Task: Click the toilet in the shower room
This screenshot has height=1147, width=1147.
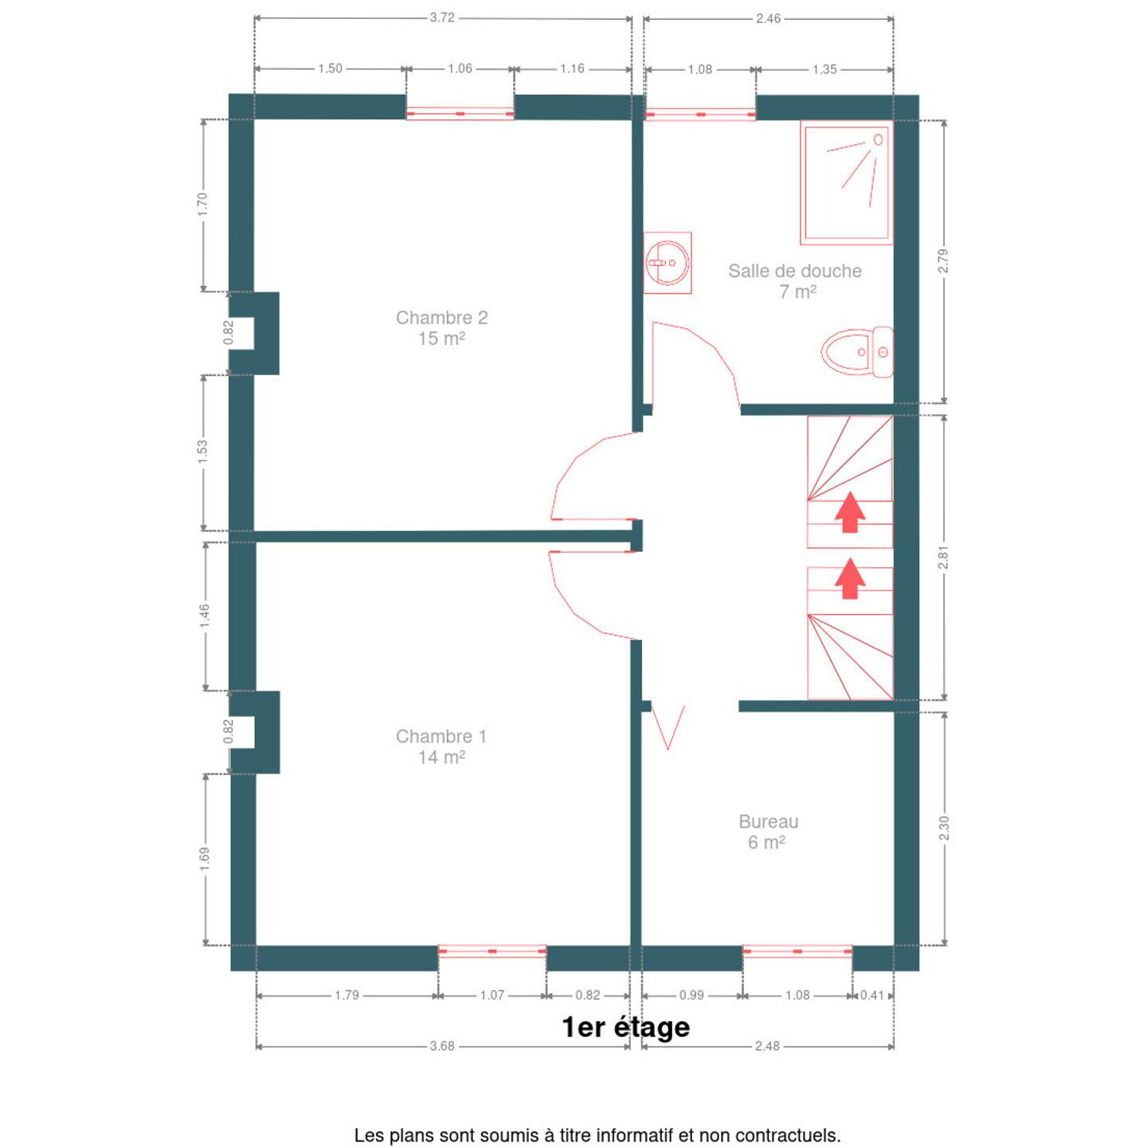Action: click(x=857, y=352)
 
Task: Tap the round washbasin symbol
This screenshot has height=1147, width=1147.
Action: click(x=667, y=263)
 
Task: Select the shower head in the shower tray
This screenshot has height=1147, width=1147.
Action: click(x=878, y=140)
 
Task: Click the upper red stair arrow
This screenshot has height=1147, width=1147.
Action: click(x=850, y=512)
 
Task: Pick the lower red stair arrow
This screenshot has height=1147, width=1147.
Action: click(x=850, y=578)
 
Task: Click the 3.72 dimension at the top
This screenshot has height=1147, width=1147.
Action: click(x=442, y=18)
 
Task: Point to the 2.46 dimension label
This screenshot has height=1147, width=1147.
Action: click(x=768, y=18)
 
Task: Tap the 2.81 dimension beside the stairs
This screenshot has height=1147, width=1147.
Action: click(x=943, y=557)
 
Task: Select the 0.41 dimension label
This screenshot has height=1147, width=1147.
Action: click(x=872, y=995)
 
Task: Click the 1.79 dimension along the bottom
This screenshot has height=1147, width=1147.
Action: click(x=346, y=995)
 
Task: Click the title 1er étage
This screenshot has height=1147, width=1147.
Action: click(x=625, y=1027)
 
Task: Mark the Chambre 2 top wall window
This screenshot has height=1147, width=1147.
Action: click(x=460, y=113)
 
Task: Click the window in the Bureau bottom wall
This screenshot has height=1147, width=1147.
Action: click(x=797, y=952)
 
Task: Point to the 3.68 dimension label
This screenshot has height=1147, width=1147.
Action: click(x=442, y=1046)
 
